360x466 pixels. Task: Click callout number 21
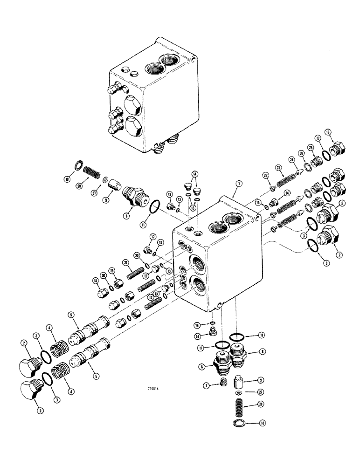click(125, 263)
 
